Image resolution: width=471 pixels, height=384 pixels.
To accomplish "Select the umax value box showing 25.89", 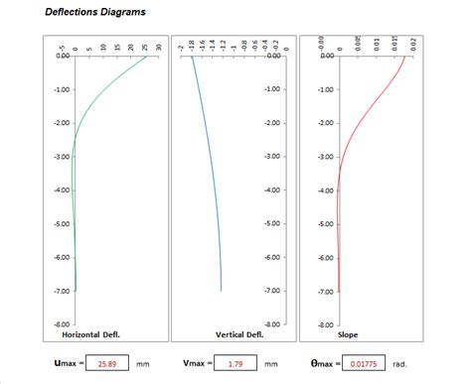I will click(x=106, y=364).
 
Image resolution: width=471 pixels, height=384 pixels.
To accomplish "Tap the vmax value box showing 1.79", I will click(x=235, y=364).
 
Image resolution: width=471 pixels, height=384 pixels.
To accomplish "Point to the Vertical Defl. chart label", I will click(x=238, y=334).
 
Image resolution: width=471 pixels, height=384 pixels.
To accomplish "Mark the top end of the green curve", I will click(x=146, y=57).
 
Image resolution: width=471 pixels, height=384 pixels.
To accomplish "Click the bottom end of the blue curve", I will click(x=221, y=291).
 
